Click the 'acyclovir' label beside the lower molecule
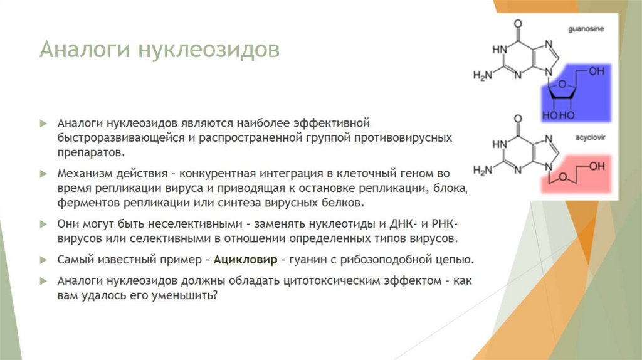(586, 135)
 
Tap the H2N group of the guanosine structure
(482, 75)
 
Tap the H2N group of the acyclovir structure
(482, 170)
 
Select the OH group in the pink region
(597, 166)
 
